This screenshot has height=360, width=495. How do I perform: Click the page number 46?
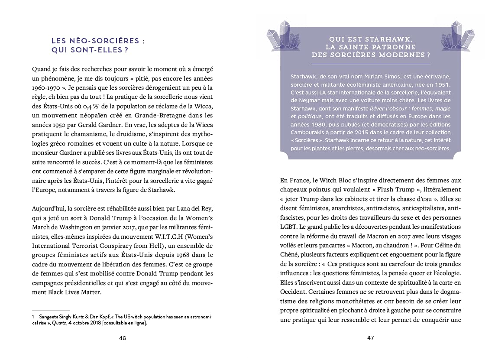(x=123, y=338)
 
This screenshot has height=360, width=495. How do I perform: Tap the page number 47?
(x=370, y=338)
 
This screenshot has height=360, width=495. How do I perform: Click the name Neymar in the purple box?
(x=307, y=101)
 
